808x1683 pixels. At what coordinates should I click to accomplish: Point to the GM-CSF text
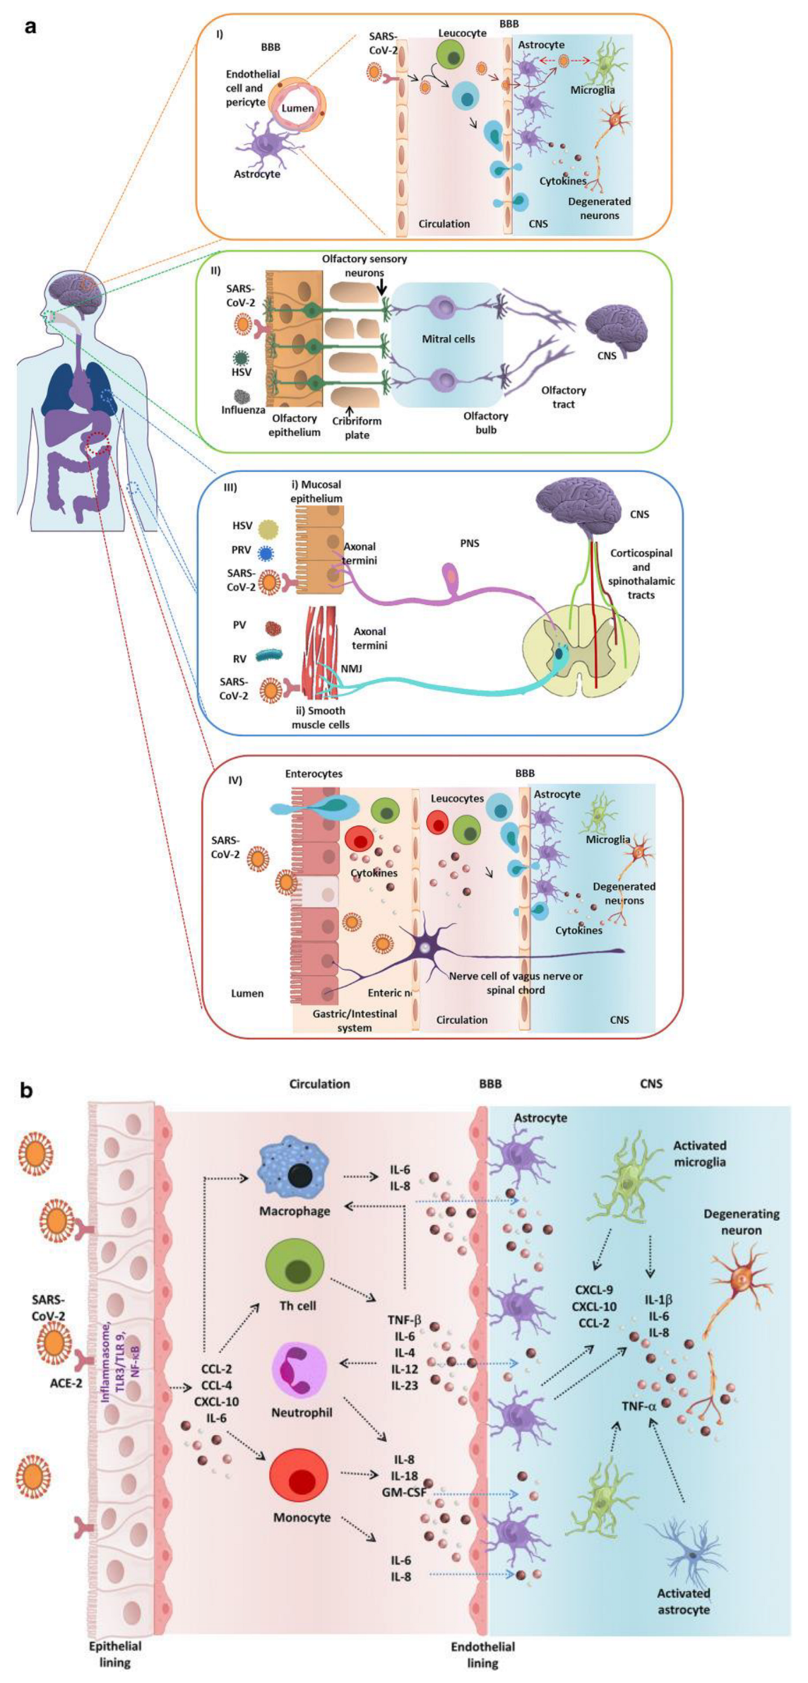coord(405,1492)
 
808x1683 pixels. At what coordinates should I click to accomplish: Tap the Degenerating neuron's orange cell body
coord(739,1279)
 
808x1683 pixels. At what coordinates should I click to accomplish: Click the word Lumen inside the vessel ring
coord(297,108)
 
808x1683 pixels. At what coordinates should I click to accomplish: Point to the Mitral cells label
coord(448,339)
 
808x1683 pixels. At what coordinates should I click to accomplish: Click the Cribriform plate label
coord(357,428)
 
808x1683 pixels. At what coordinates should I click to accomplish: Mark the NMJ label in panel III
coord(352,668)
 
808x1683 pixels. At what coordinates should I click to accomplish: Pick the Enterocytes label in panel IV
coord(314,774)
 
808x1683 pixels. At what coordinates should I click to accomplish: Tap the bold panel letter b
coord(27,1090)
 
